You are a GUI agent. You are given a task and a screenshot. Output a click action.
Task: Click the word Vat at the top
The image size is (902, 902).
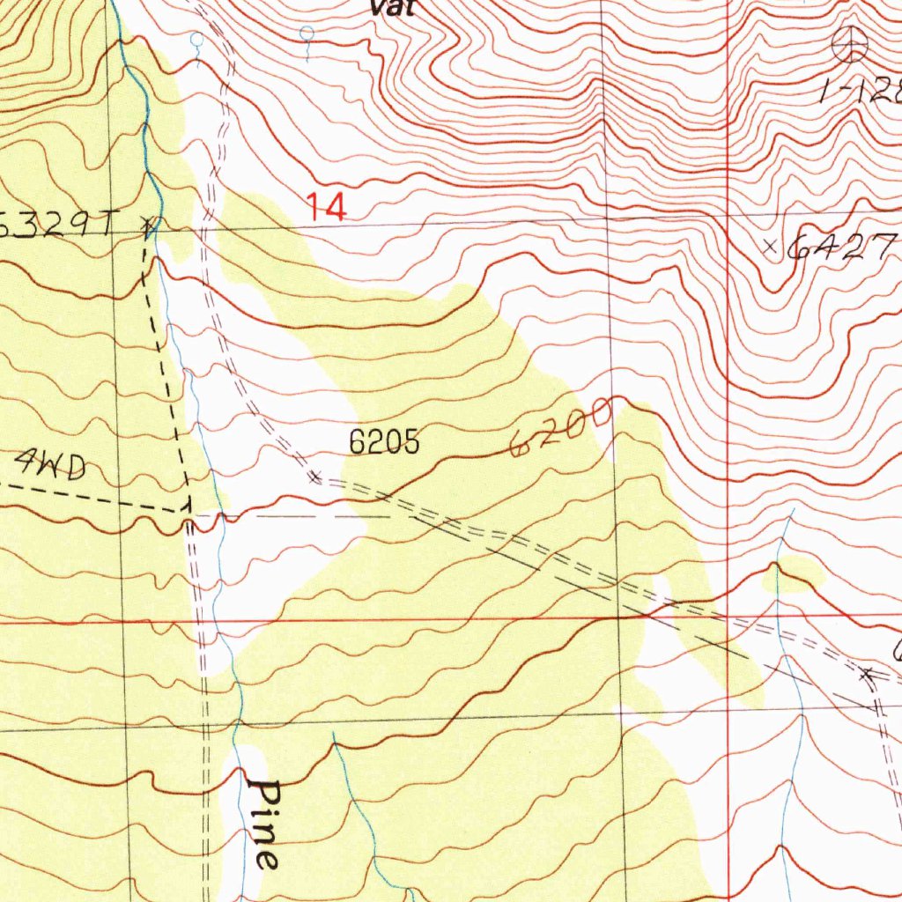tap(392, 9)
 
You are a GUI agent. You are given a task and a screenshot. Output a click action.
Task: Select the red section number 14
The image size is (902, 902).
tap(327, 209)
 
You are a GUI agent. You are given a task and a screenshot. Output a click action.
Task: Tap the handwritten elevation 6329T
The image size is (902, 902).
tap(58, 226)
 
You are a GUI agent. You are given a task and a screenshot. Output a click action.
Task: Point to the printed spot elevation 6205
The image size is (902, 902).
tap(384, 442)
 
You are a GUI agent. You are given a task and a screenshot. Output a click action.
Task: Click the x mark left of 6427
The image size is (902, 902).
tap(771, 247)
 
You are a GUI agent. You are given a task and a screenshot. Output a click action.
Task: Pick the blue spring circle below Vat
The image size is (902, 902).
tap(307, 33)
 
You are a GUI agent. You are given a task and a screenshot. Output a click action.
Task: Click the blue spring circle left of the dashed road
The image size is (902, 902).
tap(197, 39)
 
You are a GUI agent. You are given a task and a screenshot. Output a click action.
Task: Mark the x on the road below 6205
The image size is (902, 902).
tap(315, 477)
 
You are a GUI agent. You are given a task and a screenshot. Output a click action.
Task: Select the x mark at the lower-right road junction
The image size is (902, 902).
tap(868, 675)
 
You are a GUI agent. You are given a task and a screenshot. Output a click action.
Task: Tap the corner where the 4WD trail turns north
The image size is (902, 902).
tap(187, 507)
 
